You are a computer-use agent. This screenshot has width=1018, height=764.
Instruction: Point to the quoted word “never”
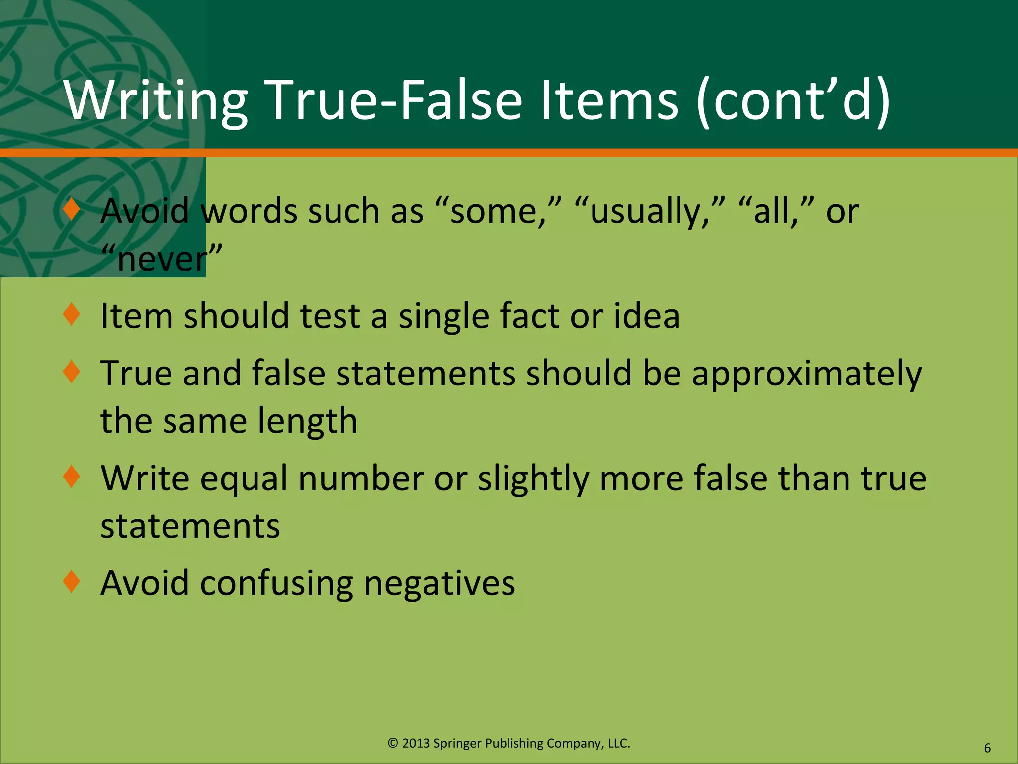pos(162,259)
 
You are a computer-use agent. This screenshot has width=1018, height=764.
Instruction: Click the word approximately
pos(806,374)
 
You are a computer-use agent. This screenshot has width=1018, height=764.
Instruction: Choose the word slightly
pos(533,479)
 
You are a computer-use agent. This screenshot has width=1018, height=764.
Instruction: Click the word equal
pos(244,479)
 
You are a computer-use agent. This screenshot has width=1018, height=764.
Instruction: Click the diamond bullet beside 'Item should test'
pos(72,314)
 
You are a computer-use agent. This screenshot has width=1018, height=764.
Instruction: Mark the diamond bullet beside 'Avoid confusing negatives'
pos(72,581)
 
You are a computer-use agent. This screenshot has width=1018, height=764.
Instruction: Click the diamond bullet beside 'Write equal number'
pos(72,477)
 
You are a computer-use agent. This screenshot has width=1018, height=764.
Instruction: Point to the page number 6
pos(987,748)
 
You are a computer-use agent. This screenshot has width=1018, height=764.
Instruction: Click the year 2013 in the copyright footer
pos(415,743)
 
